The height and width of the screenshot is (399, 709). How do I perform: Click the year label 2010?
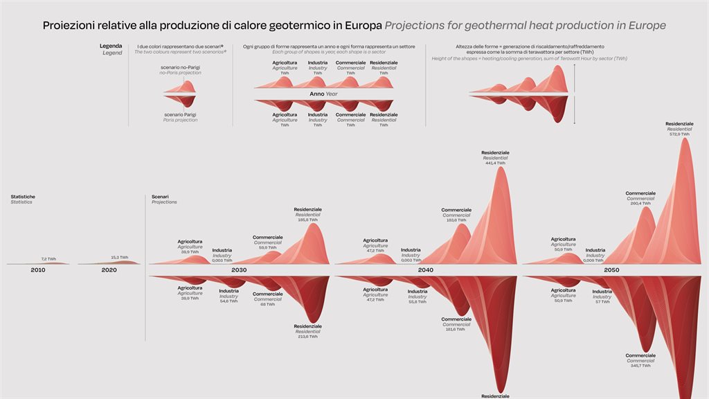click(x=38, y=269)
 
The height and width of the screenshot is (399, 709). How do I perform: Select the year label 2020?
click(x=109, y=269)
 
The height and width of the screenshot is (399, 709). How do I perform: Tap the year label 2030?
click(x=239, y=269)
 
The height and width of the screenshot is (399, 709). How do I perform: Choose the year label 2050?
click(x=611, y=269)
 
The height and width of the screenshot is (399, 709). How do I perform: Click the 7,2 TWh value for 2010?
click(x=48, y=258)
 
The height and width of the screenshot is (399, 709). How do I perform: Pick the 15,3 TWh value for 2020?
click(x=119, y=257)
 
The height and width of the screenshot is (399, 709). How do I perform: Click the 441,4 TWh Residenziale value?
click(x=495, y=163)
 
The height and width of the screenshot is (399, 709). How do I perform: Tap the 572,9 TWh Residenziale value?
click(x=679, y=134)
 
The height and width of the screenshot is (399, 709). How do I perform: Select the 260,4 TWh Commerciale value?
click(x=640, y=204)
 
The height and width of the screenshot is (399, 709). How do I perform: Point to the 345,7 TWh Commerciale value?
click(x=640, y=365)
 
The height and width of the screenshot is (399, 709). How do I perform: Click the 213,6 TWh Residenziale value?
click(x=307, y=336)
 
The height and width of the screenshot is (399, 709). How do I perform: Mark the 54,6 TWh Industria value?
click(x=228, y=301)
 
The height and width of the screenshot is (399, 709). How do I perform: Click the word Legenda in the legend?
click(x=111, y=46)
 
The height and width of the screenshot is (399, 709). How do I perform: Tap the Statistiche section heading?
click(x=23, y=197)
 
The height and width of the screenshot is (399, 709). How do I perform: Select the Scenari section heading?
click(x=160, y=197)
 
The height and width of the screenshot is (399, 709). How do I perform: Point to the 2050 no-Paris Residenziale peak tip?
click(x=685, y=139)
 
